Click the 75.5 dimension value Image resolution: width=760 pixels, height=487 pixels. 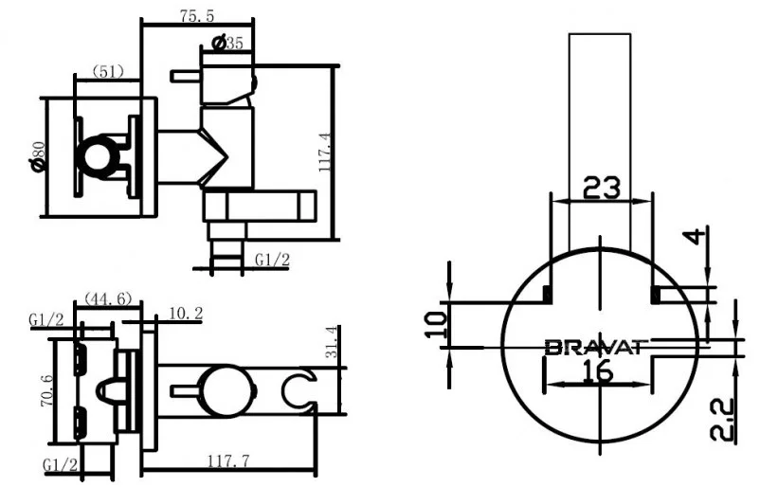click(197, 15)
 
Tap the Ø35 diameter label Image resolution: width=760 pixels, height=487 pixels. click(227, 43)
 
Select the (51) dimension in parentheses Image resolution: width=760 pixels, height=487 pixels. click(108, 72)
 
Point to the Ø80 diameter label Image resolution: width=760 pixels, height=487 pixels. click(37, 156)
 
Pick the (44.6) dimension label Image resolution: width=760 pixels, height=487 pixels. click(108, 298)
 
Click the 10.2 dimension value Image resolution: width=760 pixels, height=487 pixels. click(186, 313)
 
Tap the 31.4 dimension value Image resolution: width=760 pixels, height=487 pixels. click(332, 342)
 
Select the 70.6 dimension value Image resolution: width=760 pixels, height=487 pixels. click(47, 390)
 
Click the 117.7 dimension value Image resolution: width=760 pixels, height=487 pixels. click(229, 460)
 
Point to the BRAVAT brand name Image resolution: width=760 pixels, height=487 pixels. click(596, 347)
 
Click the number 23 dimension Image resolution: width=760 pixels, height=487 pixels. click(601, 188)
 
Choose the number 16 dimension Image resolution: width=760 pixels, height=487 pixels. click(598, 372)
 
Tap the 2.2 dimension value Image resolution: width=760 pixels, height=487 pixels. click(722, 420)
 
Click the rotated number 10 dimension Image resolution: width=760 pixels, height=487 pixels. click(436, 324)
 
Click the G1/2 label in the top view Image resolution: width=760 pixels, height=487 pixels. click(272, 260)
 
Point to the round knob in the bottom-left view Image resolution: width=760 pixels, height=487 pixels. click(226, 391)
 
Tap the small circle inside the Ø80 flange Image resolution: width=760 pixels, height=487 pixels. click(99, 157)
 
